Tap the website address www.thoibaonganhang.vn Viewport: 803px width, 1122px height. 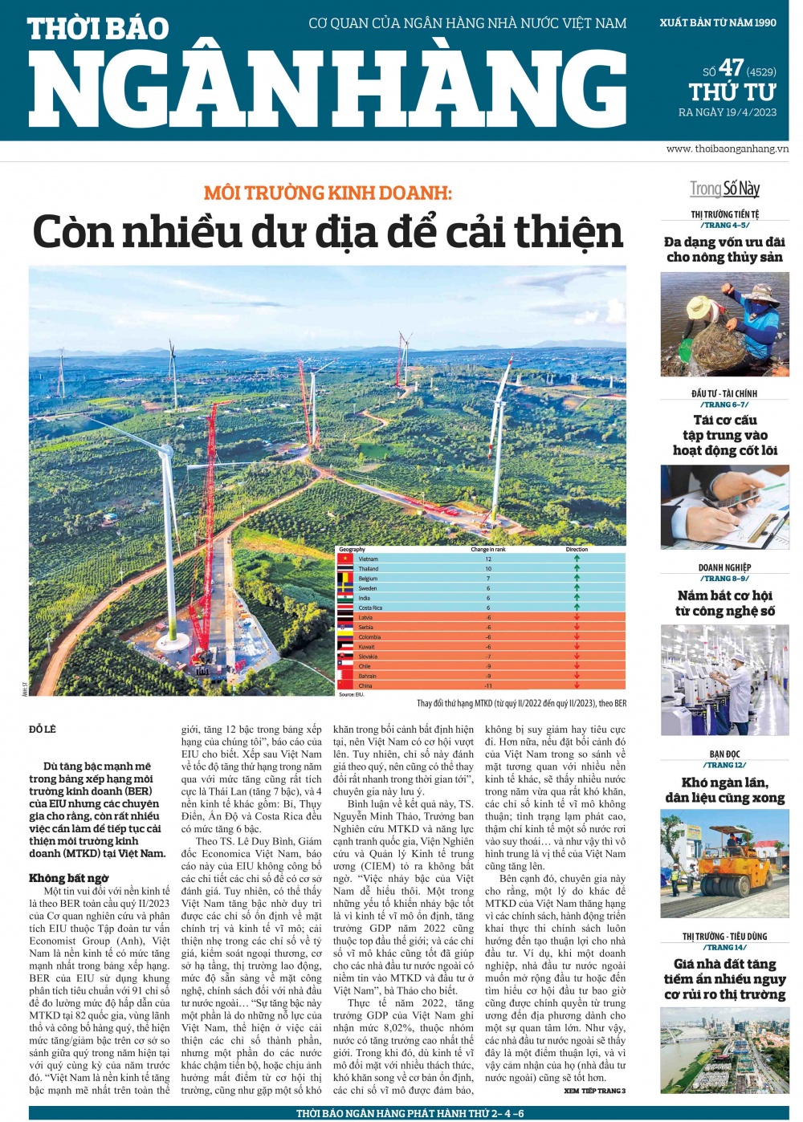(x=727, y=148)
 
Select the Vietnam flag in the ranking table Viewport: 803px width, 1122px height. (x=345, y=559)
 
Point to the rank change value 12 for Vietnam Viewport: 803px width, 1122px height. (x=488, y=559)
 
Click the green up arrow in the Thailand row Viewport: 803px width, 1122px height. (x=577, y=568)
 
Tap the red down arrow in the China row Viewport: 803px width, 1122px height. (x=577, y=685)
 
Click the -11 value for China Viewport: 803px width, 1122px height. (x=488, y=685)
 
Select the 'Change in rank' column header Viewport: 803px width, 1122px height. (x=488, y=550)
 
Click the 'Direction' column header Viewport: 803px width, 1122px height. (x=577, y=550)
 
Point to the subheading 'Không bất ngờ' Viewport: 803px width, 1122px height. (x=69, y=878)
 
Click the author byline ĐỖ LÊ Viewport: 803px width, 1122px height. (x=43, y=730)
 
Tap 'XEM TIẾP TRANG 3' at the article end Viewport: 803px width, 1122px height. (x=594, y=1091)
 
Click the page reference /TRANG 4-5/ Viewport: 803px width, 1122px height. (x=724, y=226)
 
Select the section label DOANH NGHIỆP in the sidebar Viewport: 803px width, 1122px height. (x=724, y=567)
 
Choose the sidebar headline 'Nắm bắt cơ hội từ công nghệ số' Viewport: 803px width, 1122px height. (x=724, y=603)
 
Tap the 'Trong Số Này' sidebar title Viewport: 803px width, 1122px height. (x=724, y=189)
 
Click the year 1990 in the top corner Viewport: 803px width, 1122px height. (x=763, y=22)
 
